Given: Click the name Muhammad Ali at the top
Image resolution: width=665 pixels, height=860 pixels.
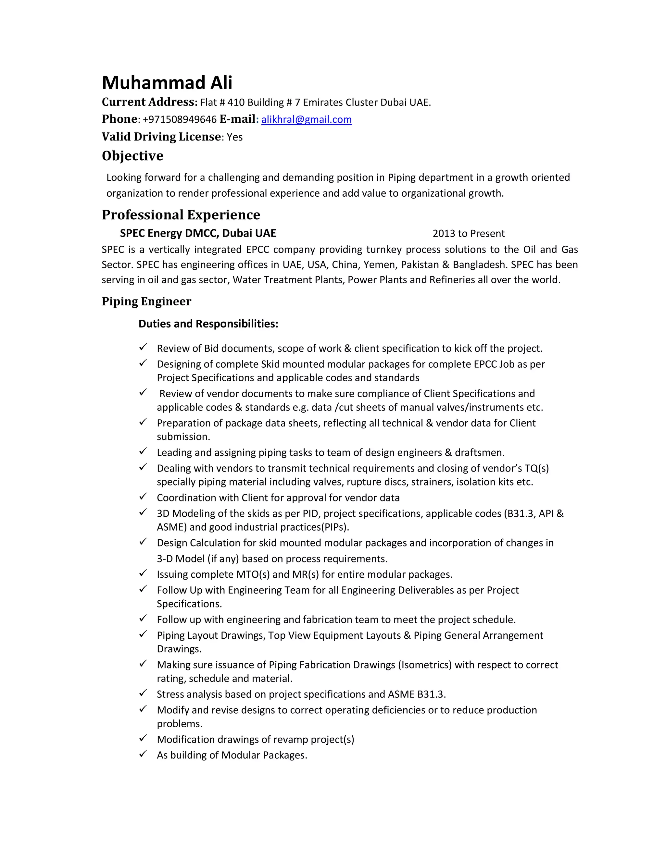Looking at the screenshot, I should [167, 83].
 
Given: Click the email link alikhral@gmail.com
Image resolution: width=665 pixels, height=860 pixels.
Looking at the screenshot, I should [306, 119].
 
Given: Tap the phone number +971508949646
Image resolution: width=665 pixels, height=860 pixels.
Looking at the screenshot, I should [180, 119].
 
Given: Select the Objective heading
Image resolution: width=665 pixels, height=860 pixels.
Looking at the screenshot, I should [132, 156].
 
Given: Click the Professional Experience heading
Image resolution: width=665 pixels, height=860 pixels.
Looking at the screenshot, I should [181, 215].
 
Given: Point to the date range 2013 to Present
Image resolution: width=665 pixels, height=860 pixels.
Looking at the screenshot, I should [469, 234].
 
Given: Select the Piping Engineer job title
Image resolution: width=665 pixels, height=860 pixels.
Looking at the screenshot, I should [146, 301].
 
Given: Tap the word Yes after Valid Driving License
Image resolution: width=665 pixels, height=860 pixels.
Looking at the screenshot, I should [235, 137].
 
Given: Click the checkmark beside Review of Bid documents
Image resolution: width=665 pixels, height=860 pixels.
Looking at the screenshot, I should [143, 347].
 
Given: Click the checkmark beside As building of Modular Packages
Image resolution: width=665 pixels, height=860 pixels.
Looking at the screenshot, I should [143, 754].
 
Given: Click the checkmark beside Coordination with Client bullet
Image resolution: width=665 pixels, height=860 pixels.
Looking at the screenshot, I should [143, 497].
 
